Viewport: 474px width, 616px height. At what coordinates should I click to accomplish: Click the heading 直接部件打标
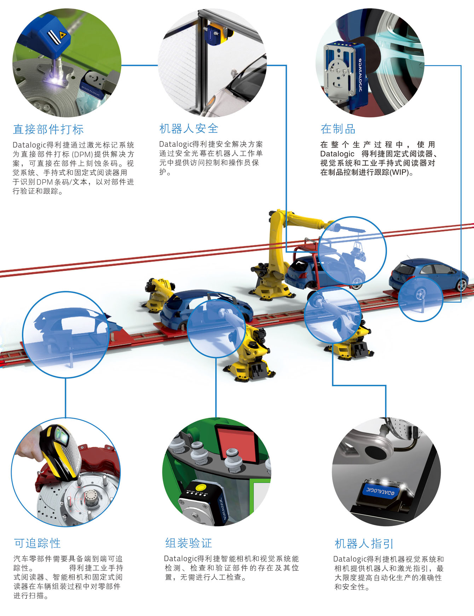pos(48,129)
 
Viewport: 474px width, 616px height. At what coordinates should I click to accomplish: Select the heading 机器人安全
pos(189,128)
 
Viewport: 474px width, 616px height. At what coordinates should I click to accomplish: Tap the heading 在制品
pos(338,129)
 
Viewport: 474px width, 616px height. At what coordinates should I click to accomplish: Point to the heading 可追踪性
pos(37,543)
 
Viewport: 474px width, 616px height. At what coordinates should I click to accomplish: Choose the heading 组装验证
pos(189,543)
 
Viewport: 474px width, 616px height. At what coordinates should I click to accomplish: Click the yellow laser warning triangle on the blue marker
pos(63,35)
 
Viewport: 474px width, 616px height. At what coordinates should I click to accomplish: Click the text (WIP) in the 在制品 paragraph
pos(399,173)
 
